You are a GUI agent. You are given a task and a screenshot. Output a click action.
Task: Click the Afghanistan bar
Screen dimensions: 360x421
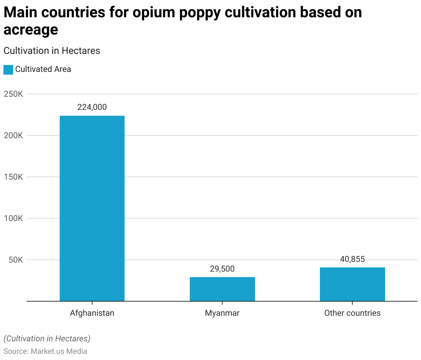pyautogui.click(x=92, y=208)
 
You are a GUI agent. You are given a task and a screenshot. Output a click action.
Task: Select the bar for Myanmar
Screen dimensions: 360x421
pyautogui.click(x=222, y=289)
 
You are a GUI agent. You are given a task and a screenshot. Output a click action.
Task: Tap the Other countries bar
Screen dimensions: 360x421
pyautogui.click(x=352, y=284)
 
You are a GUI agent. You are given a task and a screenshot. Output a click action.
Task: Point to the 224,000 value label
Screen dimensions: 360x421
pyautogui.click(x=92, y=107)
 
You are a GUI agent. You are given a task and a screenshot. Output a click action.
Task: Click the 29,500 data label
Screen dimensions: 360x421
pyautogui.click(x=222, y=269)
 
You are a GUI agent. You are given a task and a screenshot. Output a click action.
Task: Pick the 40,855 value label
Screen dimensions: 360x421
pyautogui.click(x=352, y=259)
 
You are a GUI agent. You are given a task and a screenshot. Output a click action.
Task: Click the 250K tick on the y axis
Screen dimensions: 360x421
pyautogui.click(x=13, y=94)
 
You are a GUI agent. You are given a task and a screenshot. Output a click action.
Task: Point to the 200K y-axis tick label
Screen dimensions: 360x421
pyautogui.click(x=13, y=135)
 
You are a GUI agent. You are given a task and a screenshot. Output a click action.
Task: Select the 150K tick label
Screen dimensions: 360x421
pyautogui.click(x=13, y=177)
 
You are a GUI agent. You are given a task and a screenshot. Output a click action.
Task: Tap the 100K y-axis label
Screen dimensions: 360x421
pyautogui.click(x=13, y=218)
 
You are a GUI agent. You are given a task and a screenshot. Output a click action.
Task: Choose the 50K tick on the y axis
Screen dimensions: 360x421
pyautogui.click(x=16, y=260)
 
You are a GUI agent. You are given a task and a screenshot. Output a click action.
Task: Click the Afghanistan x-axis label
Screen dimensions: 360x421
pyautogui.click(x=92, y=313)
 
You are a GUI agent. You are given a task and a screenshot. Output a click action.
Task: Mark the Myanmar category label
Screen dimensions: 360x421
pyautogui.click(x=222, y=313)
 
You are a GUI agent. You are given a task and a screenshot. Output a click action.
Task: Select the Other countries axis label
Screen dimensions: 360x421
pyautogui.click(x=352, y=313)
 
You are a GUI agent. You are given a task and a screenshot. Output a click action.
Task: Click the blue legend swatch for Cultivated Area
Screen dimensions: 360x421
pyautogui.click(x=8, y=69)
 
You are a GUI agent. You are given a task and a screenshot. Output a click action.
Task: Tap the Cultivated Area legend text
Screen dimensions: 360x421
pyautogui.click(x=43, y=69)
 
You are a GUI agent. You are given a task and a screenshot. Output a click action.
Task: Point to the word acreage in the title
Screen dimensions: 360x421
pyautogui.click(x=31, y=30)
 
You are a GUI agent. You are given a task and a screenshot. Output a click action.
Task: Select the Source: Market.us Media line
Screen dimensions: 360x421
pyautogui.click(x=45, y=351)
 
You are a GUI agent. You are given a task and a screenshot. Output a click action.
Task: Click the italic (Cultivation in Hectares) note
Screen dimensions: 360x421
pyautogui.click(x=47, y=338)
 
